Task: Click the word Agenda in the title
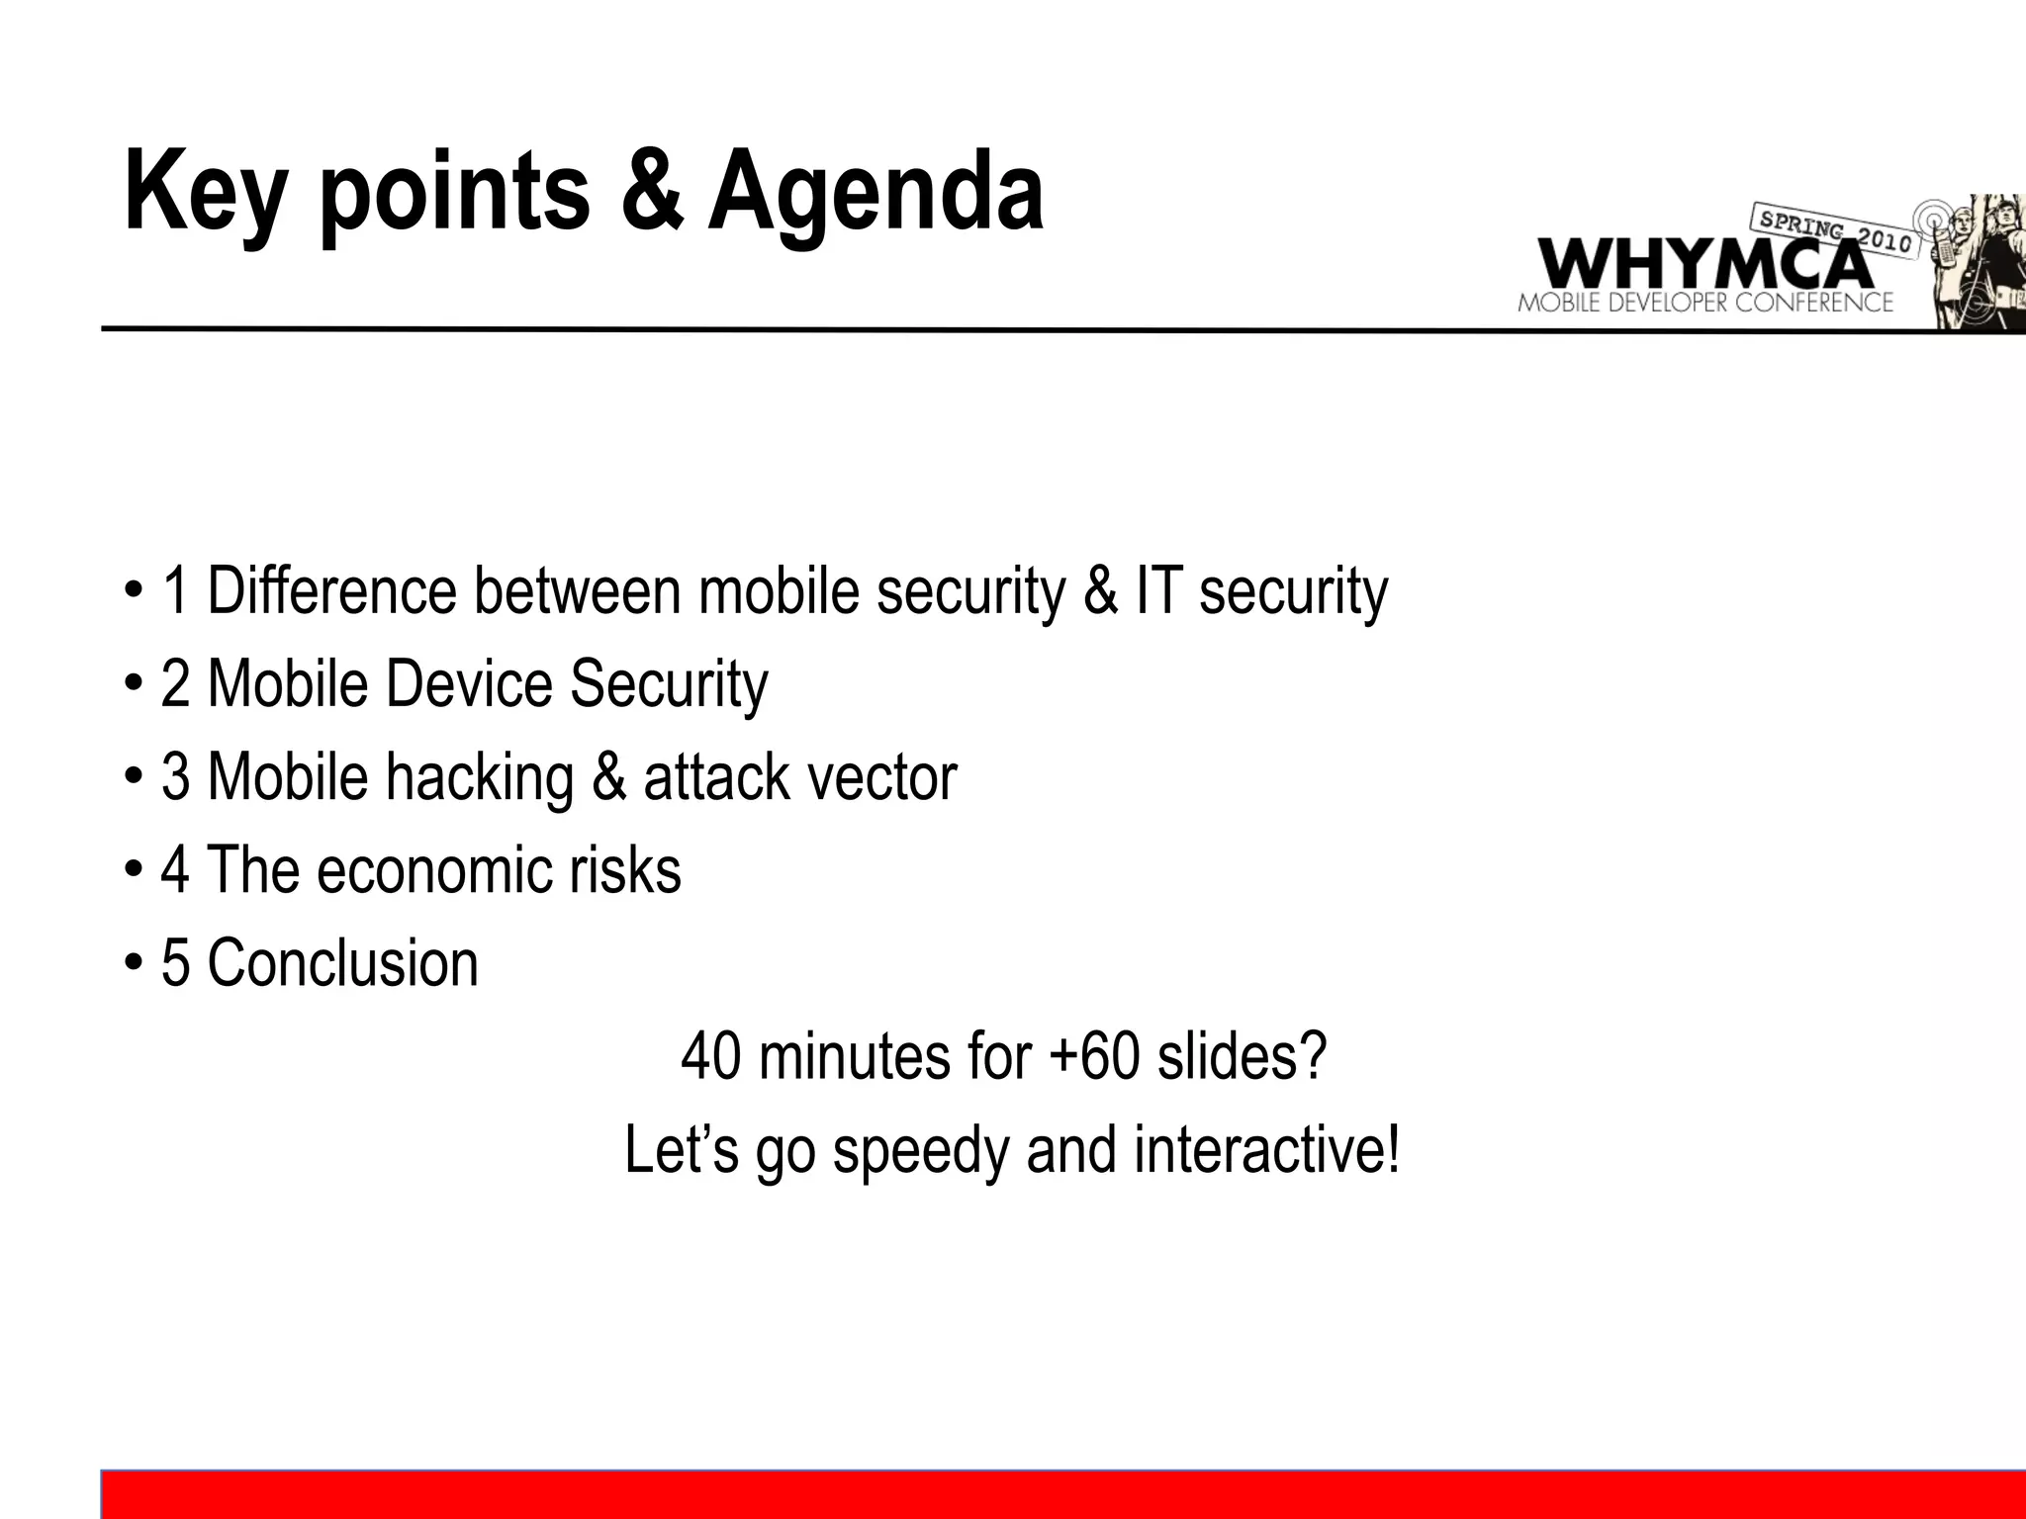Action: tap(875, 193)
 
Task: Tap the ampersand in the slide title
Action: tap(651, 190)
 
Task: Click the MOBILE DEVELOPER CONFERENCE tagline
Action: tap(1704, 304)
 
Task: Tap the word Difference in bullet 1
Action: tap(331, 591)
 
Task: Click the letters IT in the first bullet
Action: tap(1156, 591)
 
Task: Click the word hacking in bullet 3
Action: tap(480, 778)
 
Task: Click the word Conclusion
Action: tap(342, 963)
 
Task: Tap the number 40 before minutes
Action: tap(710, 1056)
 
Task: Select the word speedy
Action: tap(920, 1151)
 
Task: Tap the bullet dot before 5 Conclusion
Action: tap(133, 965)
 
